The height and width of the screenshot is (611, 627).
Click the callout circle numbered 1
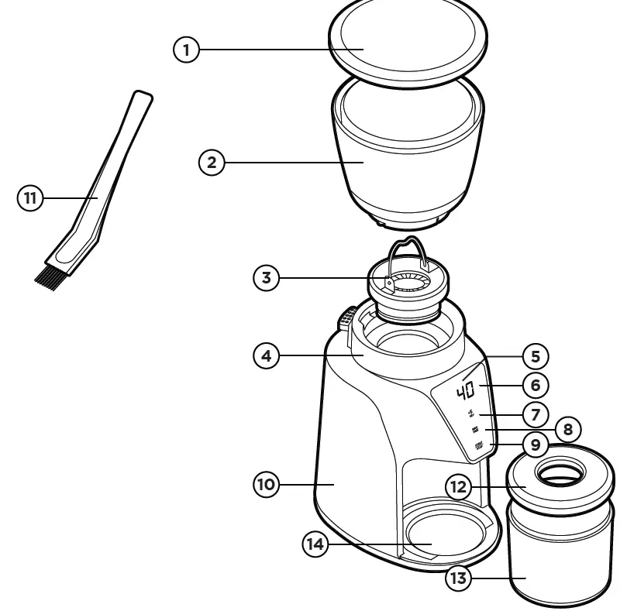point(185,50)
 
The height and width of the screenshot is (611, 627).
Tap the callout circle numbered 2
point(212,163)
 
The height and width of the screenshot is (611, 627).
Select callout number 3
point(267,278)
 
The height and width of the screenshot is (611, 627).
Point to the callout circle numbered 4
point(267,356)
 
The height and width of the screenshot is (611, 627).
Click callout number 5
point(535,356)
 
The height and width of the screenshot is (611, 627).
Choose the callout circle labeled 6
point(535,384)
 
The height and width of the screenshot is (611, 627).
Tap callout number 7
point(535,414)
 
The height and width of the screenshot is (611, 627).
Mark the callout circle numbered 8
point(567,429)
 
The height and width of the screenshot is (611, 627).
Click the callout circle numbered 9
point(535,445)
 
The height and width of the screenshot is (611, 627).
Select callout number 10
point(267,485)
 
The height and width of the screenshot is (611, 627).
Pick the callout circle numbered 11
point(30,198)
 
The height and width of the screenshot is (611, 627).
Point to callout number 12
point(459,486)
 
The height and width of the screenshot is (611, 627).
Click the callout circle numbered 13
point(459,578)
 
